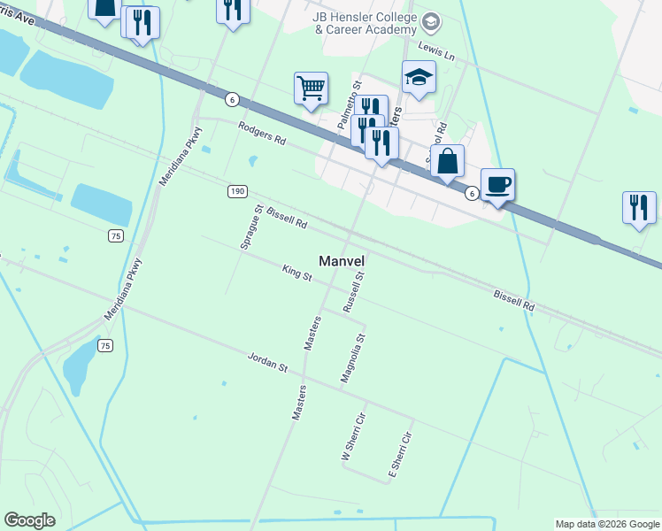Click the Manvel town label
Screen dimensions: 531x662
coord(342,261)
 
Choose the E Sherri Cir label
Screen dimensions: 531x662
coord(401,457)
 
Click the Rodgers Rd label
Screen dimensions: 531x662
coord(262,134)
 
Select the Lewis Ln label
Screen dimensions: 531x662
coord(436,52)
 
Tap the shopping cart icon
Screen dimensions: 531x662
coord(311,88)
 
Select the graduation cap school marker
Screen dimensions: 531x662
coord(419,77)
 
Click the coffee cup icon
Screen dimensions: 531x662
coord(497,184)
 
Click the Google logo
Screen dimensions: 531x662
coord(30,520)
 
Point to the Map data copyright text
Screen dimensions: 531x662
coord(606,524)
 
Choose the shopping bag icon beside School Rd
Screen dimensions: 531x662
coord(447,161)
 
